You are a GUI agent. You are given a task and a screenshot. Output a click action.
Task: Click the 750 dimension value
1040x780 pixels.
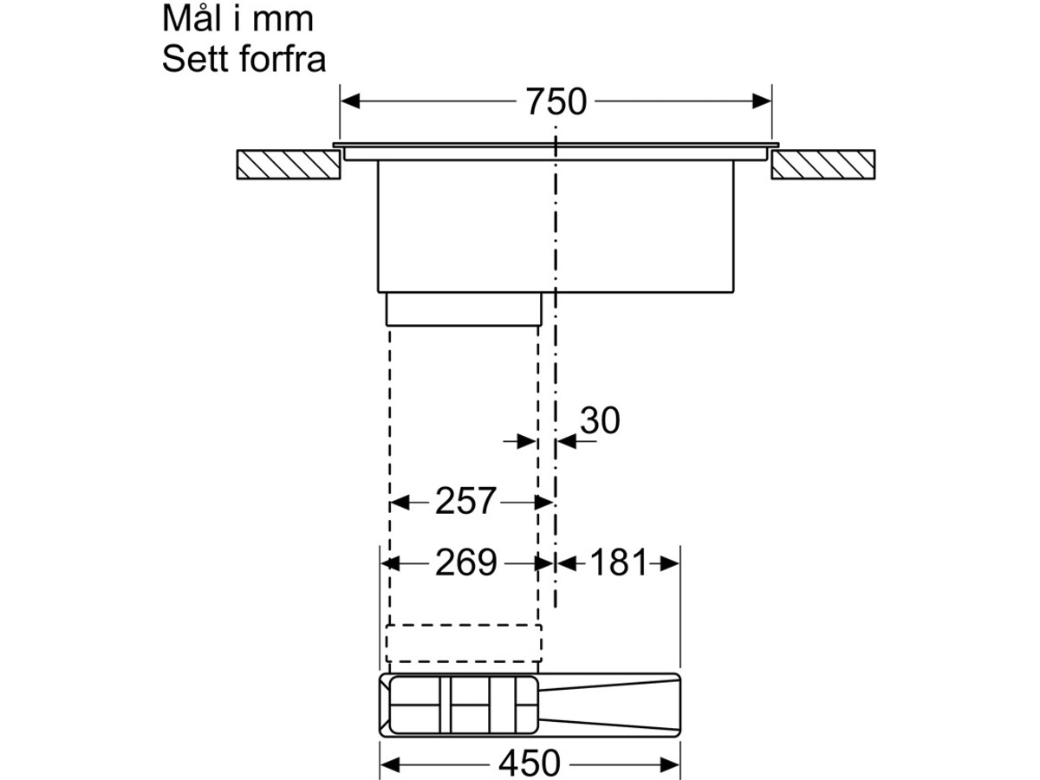(x=556, y=101)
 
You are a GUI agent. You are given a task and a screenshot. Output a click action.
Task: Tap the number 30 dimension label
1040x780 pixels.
(x=600, y=420)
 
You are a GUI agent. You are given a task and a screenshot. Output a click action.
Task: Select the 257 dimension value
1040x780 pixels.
(x=465, y=501)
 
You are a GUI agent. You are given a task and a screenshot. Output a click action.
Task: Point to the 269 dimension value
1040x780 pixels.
(x=465, y=562)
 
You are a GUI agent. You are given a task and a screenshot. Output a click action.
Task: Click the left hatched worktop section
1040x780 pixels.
(x=289, y=165)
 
